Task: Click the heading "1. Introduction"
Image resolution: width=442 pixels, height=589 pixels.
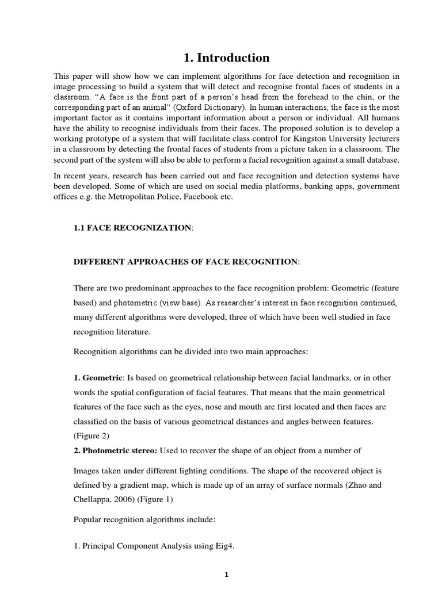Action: pyautogui.click(x=226, y=58)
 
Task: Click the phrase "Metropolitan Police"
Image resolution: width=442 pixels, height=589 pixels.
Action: pyautogui.click(x=139, y=197)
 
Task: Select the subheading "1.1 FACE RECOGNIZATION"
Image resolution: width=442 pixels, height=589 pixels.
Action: pyautogui.click(x=132, y=228)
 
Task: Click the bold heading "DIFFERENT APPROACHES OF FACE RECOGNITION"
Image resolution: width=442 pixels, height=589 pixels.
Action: pyautogui.click(x=186, y=262)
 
